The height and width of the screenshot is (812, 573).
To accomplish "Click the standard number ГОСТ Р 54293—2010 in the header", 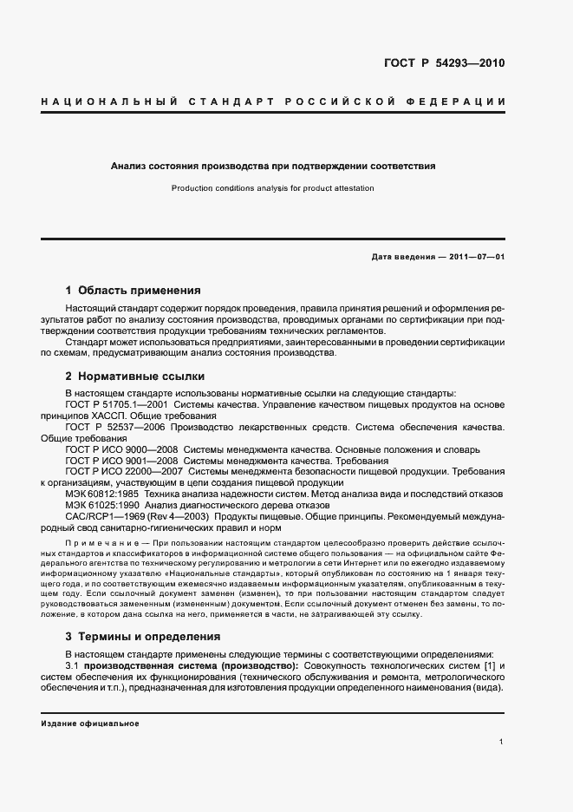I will coord(443,63).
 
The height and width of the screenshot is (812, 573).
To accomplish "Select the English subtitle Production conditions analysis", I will coord(272,187).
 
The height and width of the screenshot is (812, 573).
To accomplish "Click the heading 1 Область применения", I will coord(133,291).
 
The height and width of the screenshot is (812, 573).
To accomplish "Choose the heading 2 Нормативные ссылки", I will coord(134,377).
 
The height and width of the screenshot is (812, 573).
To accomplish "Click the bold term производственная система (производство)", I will coord(191,665).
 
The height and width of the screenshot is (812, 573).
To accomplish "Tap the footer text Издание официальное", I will coord(90,723).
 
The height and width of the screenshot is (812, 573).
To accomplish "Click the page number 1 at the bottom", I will coord(502,741).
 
